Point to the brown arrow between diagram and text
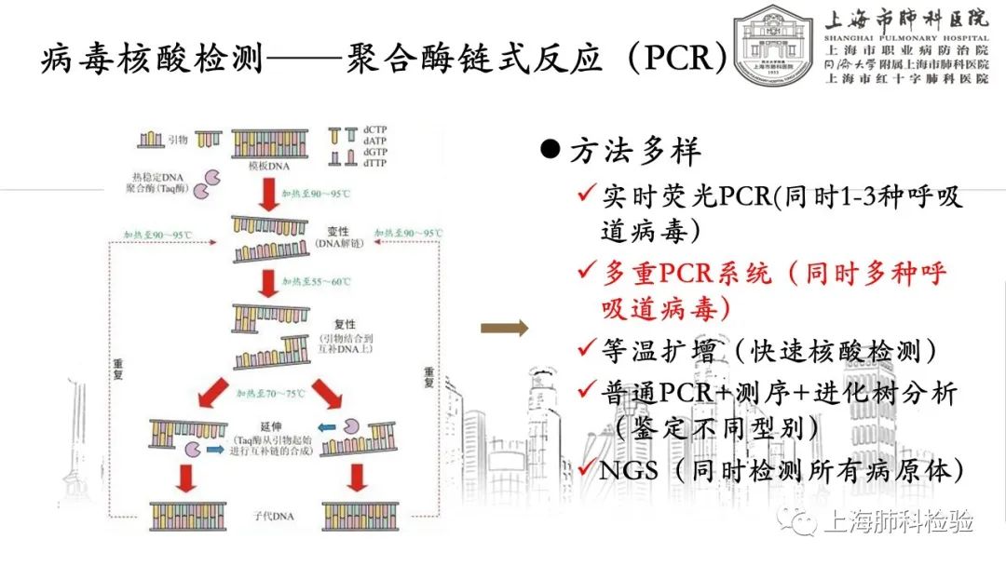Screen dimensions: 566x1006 pos(504,327)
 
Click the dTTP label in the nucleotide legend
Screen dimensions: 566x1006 pos(377,164)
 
